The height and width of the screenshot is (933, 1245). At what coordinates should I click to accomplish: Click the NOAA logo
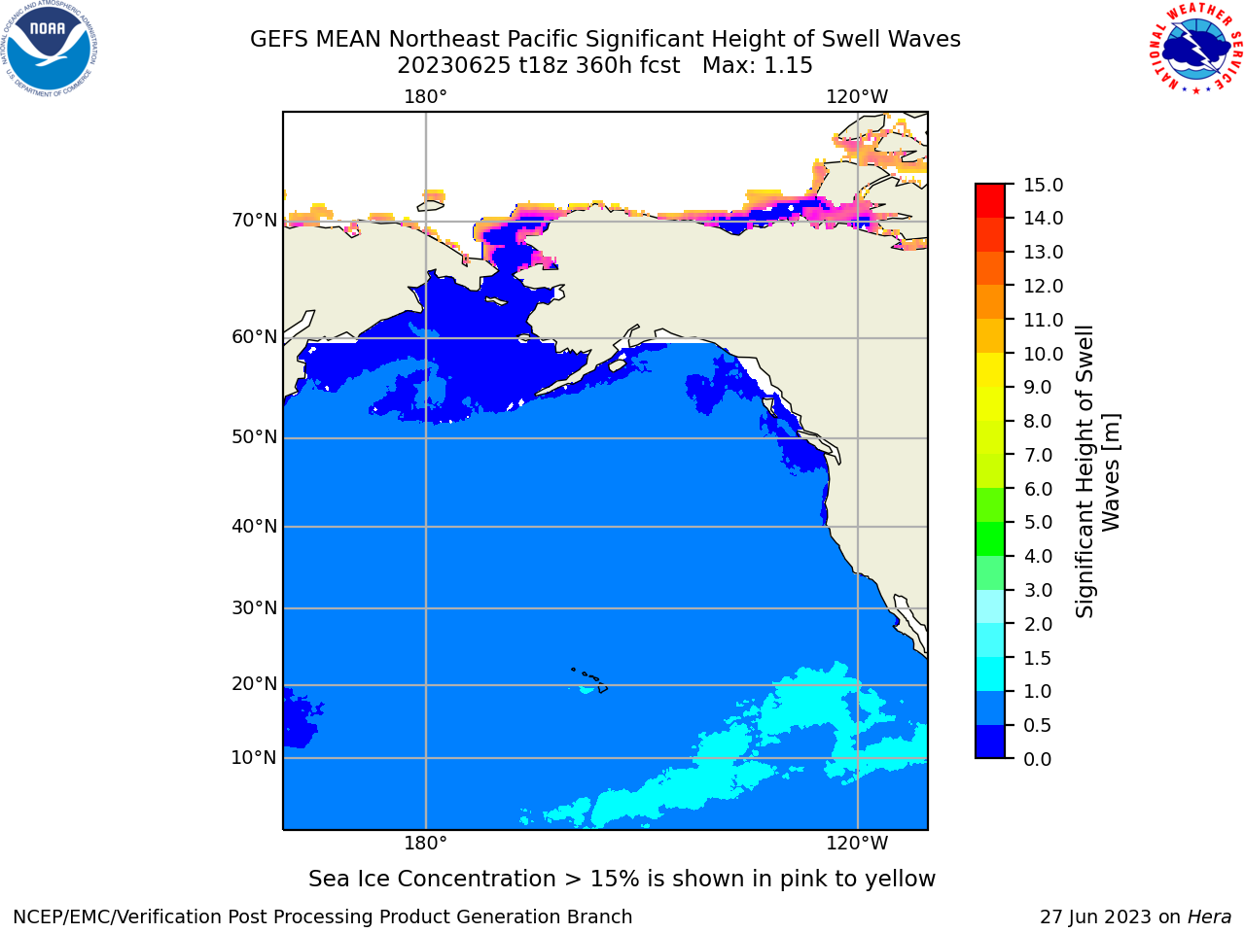coord(49,49)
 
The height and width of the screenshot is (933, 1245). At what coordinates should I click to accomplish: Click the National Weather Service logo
coord(1196,48)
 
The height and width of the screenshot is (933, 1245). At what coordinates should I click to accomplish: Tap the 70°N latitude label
coord(255,220)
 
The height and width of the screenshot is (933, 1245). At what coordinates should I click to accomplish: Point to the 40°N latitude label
coord(255,526)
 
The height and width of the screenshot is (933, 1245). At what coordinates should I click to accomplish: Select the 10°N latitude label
coord(255,757)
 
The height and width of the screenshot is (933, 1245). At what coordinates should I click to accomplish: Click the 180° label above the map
coord(425,97)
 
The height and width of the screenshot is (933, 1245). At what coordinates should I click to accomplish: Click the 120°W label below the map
coord(857,843)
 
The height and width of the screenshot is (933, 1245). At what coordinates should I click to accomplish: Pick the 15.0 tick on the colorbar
coord(1043,185)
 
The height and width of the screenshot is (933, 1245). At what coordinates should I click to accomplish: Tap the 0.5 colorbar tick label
coord(1038,725)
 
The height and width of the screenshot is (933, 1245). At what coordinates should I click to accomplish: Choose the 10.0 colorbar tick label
coord(1043,354)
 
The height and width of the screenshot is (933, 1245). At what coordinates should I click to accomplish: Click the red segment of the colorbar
coord(990,201)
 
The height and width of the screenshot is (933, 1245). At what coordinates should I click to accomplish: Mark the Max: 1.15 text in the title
coord(757,66)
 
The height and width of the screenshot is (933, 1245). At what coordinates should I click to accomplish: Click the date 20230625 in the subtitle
coord(454,66)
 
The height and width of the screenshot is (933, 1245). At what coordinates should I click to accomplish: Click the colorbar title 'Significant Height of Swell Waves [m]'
coord(1097,471)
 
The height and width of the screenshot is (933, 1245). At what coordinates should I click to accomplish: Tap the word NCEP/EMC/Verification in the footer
coord(118,916)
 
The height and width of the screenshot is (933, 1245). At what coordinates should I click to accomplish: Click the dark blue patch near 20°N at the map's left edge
coord(301,718)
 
